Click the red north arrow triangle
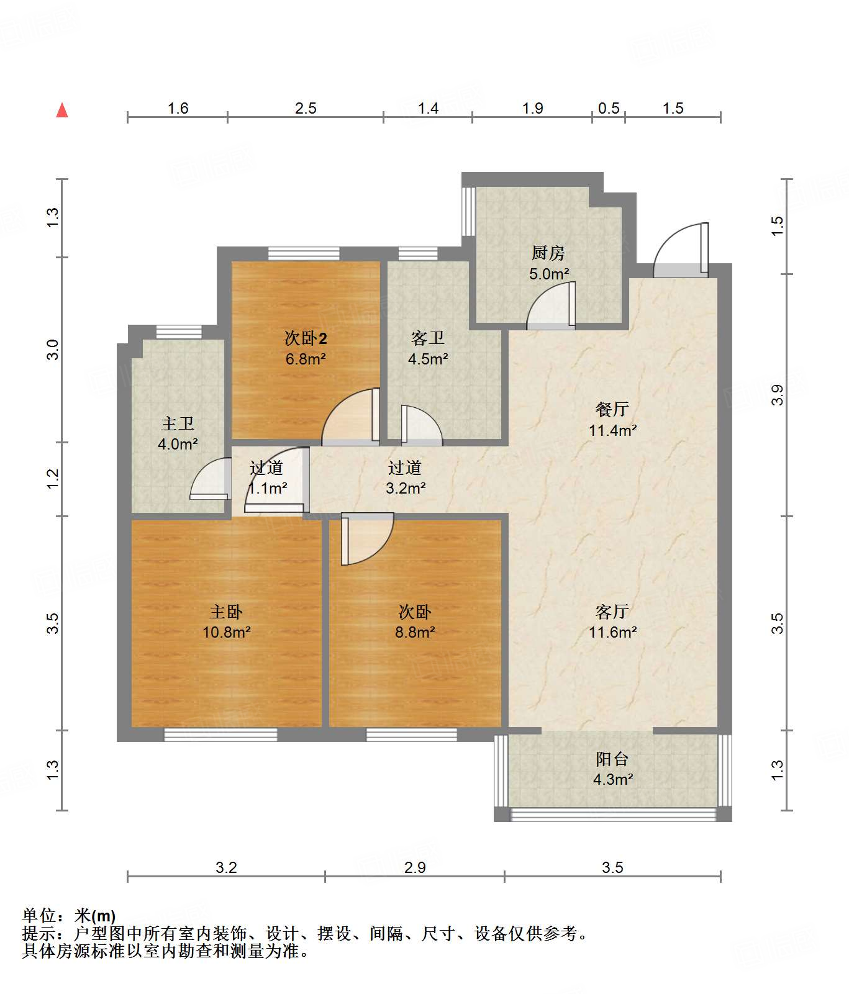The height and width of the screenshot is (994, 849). tap(62, 111)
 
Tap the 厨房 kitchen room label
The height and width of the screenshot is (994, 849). tap(548, 253)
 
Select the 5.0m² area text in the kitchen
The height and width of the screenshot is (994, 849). tap(549, 274)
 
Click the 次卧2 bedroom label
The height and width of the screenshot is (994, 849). tap(306, 338)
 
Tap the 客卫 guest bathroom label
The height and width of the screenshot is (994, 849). tap(428, 338)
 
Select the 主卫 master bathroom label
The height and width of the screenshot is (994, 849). tap(178, 423)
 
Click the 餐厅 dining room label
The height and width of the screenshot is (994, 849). tap(612, 409)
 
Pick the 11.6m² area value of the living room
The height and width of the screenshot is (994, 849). tap(612, 633)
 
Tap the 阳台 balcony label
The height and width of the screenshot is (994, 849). tap(612, 759)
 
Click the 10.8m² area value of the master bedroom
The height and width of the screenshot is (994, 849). tap(226, 633)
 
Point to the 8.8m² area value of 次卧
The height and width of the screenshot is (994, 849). tap(415, 633)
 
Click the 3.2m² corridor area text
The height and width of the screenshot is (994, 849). tap(406, 489)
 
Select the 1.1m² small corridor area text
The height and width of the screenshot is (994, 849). tap(268, 489)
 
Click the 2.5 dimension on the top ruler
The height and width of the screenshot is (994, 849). tap(306, 109)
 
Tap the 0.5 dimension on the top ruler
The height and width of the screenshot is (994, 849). tap(609, 109)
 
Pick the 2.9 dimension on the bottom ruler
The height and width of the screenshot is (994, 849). tap(415, 867)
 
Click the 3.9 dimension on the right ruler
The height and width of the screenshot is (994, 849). tap(778, 395)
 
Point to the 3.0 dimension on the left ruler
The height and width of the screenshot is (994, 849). tap(53, 350)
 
